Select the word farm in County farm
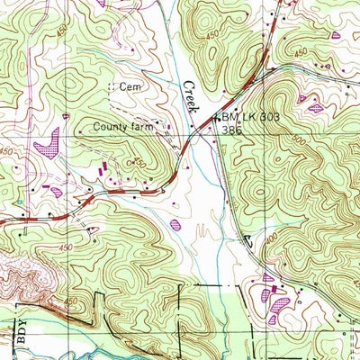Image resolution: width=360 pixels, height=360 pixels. point(143,127)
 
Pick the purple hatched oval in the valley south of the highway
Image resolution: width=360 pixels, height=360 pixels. point(175,224)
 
